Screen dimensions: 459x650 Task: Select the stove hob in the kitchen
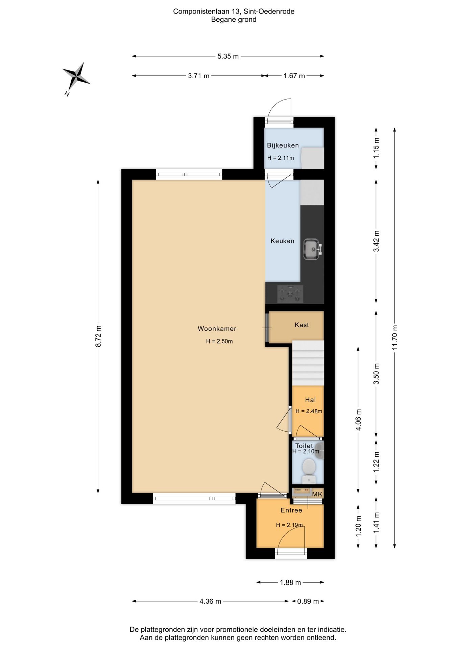[x=290, y=294]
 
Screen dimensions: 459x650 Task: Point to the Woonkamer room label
[x=217, y=328]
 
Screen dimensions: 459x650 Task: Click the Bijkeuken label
[x=283, y=145]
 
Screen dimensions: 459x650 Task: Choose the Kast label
[x=302, y=325]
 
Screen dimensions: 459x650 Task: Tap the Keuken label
[x=283, y=241]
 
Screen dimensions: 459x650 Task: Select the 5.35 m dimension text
[x=228, y=56]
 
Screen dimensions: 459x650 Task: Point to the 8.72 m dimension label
[x=98, y=336]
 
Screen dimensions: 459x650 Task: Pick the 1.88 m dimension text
[x=290, y=582]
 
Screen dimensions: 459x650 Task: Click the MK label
[x=317, y=494]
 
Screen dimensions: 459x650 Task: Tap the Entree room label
[x=291, y=510]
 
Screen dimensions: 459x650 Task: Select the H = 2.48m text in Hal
[x=309, y=411]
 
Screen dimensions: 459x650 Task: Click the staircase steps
[x=308, y=363]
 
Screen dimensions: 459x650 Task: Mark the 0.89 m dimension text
[x=308, y=601]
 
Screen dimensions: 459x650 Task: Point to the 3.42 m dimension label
[x=376, y=241]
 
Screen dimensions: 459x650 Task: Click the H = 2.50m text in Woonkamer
[x=219, y=341]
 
